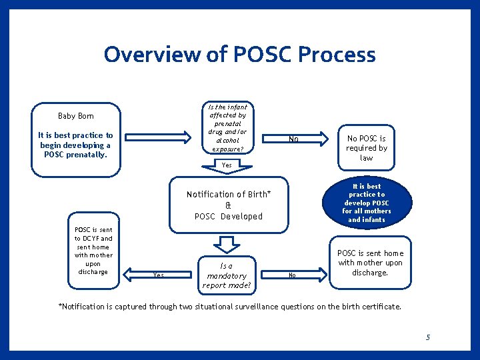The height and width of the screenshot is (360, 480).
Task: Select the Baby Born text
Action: click(76, 116)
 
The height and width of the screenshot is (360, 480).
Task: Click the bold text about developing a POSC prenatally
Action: click(76, 145)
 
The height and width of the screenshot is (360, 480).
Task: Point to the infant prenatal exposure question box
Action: click(227, 128)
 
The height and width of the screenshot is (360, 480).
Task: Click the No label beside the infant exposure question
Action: click(293, 139)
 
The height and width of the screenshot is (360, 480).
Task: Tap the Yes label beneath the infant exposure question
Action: click(227, 165)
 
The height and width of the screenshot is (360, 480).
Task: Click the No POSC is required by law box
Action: click(366, 148)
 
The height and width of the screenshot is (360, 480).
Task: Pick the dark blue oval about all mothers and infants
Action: click(366, 203)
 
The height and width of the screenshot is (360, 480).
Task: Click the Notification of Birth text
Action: click(229, 194)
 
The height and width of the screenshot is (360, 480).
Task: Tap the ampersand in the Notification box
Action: click(229, 205)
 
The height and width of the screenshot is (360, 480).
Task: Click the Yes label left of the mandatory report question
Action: click(158, 275)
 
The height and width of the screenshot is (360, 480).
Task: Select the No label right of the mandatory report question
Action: click(291, 275)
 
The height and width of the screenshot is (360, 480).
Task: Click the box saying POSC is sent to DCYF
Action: click(93, 251)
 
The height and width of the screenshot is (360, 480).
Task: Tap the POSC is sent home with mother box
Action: click(370, 263)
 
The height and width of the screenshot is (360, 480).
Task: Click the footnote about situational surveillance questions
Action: click(230, 307)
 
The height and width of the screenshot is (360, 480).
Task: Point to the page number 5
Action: click(428, 337)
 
